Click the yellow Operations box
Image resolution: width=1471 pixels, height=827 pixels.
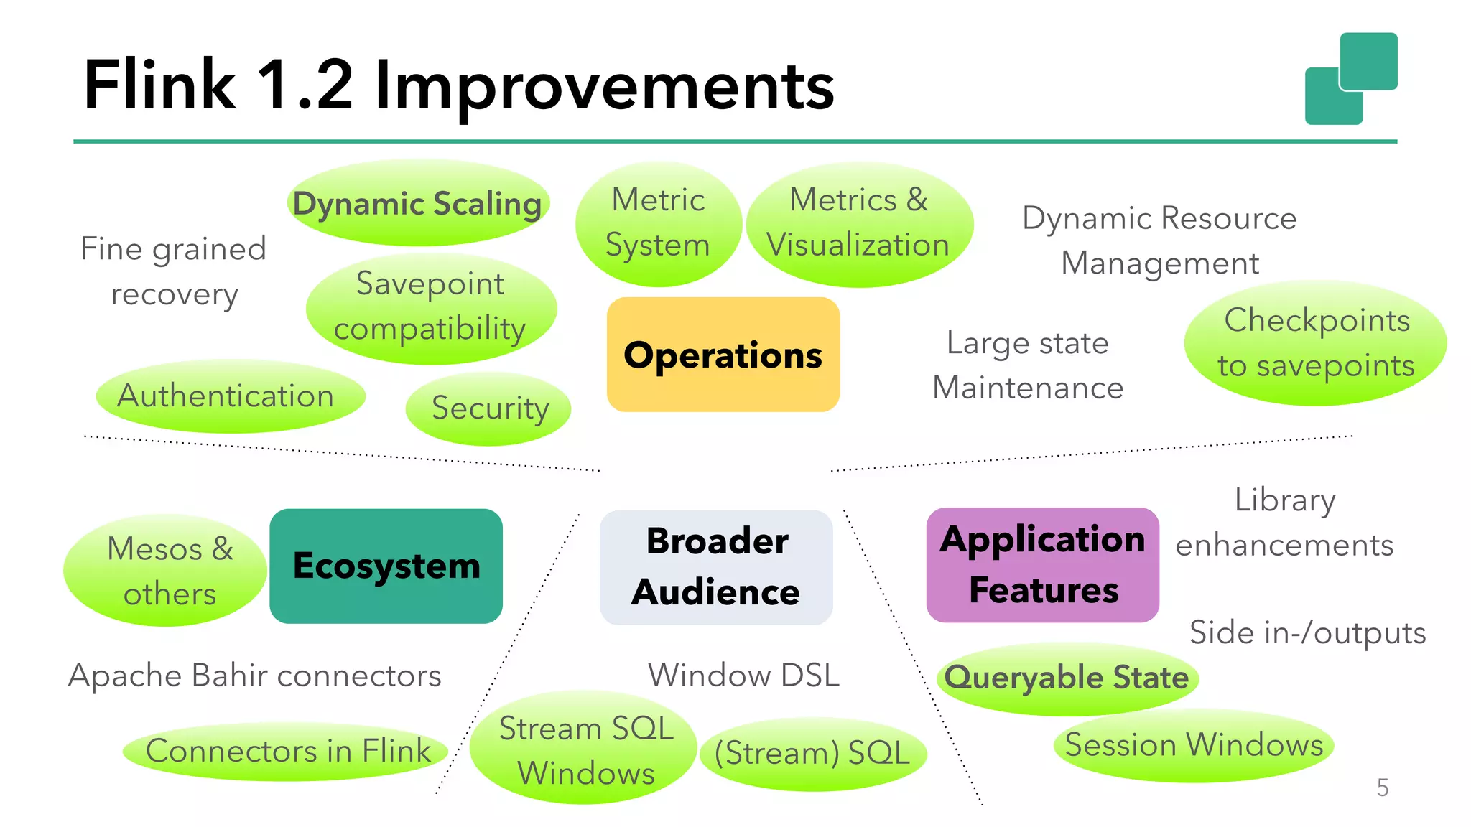(x=723, y=355)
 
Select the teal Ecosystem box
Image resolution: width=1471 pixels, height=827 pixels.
(x=386, y=566)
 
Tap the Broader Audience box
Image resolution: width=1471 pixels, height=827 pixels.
(x=716, y=566)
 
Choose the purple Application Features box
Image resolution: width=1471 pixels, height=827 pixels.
(x=1042, y=565)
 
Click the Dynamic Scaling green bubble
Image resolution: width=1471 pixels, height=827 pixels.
(x=418, y=203)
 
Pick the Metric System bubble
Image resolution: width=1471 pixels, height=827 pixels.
(x=658, y=223)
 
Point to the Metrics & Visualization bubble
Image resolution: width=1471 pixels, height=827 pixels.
(x=859, y=223)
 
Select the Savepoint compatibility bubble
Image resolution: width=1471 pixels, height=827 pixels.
(x=431, y=307)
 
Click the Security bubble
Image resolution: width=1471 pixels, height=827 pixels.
(x=488, y=408)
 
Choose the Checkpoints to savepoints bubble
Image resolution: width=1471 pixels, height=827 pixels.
(x=1315, y=343)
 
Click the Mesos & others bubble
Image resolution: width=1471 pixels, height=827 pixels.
(x=166, y=571)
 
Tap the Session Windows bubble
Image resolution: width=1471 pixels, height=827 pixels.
(x=1193, y=745)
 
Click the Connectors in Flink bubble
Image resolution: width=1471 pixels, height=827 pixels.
(x=287, y=752)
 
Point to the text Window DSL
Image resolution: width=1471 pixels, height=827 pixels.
(x=743, y=676)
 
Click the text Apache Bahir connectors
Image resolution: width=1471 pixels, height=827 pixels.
(x=255, y=676)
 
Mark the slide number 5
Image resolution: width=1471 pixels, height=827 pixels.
(x=1382, y=788)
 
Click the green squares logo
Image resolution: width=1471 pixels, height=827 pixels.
(x=1351, y=79)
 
